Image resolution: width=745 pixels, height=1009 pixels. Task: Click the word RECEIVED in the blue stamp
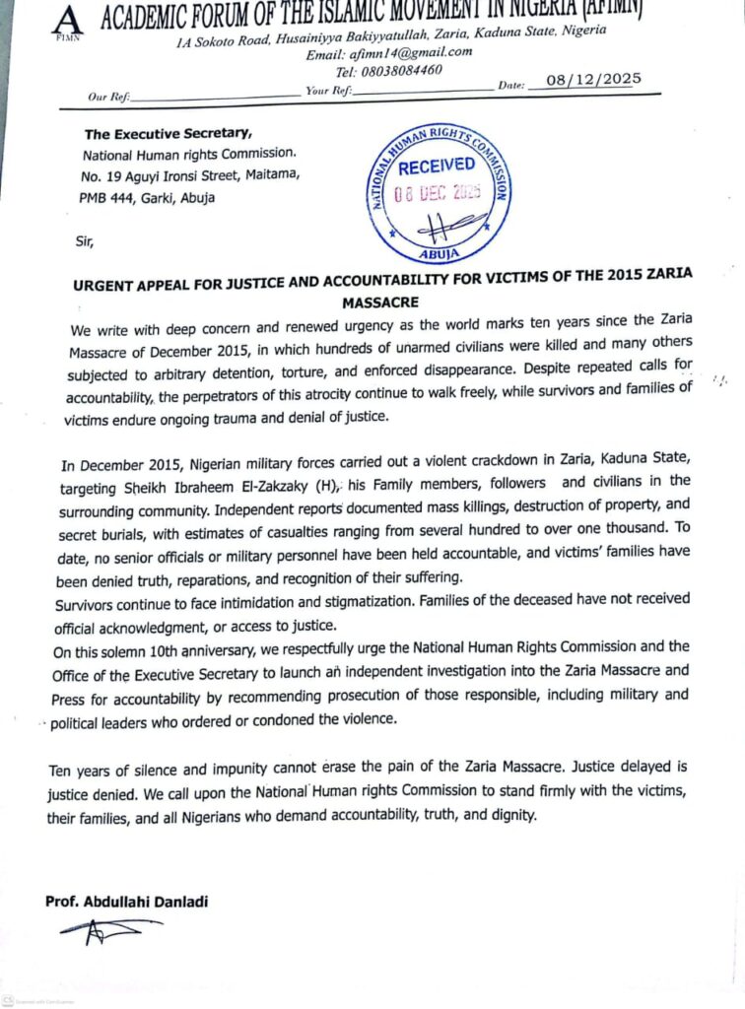pos(436,167)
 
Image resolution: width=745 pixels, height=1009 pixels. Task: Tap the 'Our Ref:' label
pos(107,98)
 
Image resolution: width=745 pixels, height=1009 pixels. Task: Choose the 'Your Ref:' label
pos(329,91)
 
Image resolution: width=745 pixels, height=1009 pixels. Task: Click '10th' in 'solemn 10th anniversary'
pos(171,649)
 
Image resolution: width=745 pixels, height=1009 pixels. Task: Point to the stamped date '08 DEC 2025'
pos(440,193)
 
